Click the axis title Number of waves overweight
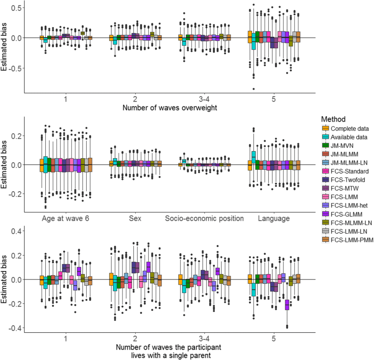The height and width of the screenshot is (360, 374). point(169,108)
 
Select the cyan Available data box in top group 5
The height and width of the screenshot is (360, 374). point(253,41)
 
